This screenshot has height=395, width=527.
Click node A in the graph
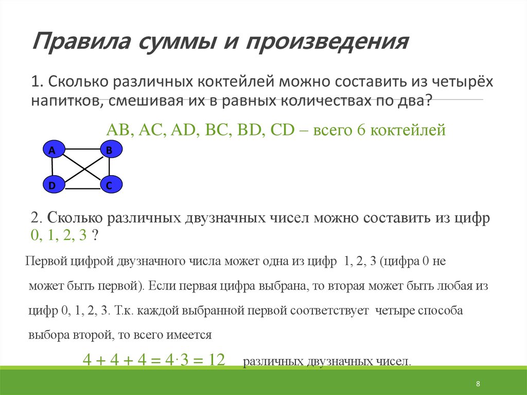(52, 150)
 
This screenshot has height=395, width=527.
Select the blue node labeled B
(109, 150)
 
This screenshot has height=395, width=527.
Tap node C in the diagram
(109, 184)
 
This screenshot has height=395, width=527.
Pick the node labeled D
(52, 184)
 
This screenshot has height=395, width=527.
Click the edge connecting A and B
(80, 149)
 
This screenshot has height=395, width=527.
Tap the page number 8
(478, 384)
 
